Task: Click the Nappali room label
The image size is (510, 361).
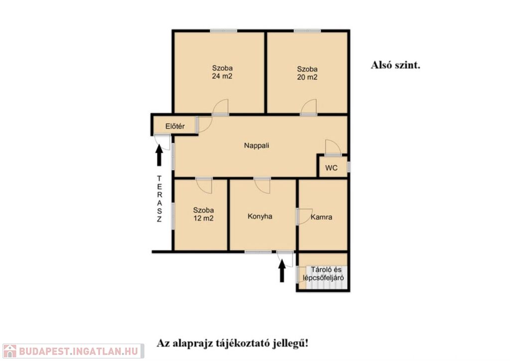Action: click(256, 146)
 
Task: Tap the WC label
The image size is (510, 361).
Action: click(331, 168)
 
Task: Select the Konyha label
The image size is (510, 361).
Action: click(260, 216)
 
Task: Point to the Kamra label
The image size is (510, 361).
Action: click(321, 217)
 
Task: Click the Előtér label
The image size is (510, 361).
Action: click(175, 126)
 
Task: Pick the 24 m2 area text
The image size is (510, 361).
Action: click(222, 76)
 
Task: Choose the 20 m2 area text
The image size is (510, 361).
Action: click(307, 77)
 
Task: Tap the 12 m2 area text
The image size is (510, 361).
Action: click(203, 218)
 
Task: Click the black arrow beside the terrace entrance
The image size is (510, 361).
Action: click(159, 155)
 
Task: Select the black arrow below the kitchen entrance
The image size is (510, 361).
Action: click(282, 271)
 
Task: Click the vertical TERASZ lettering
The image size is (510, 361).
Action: click(159, 198)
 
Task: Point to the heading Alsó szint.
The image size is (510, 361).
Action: click(395, 65)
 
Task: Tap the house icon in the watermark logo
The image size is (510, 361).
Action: click(9, 351)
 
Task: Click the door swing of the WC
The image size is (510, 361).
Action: click(333, 148)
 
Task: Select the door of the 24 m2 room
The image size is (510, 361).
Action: click(221, 107)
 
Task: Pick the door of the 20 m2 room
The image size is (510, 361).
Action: click(309, 107)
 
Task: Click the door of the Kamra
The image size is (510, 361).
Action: click(304, 216)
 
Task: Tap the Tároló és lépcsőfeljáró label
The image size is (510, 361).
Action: click(323, 274)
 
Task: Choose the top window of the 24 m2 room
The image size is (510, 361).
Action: click(224, 31)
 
